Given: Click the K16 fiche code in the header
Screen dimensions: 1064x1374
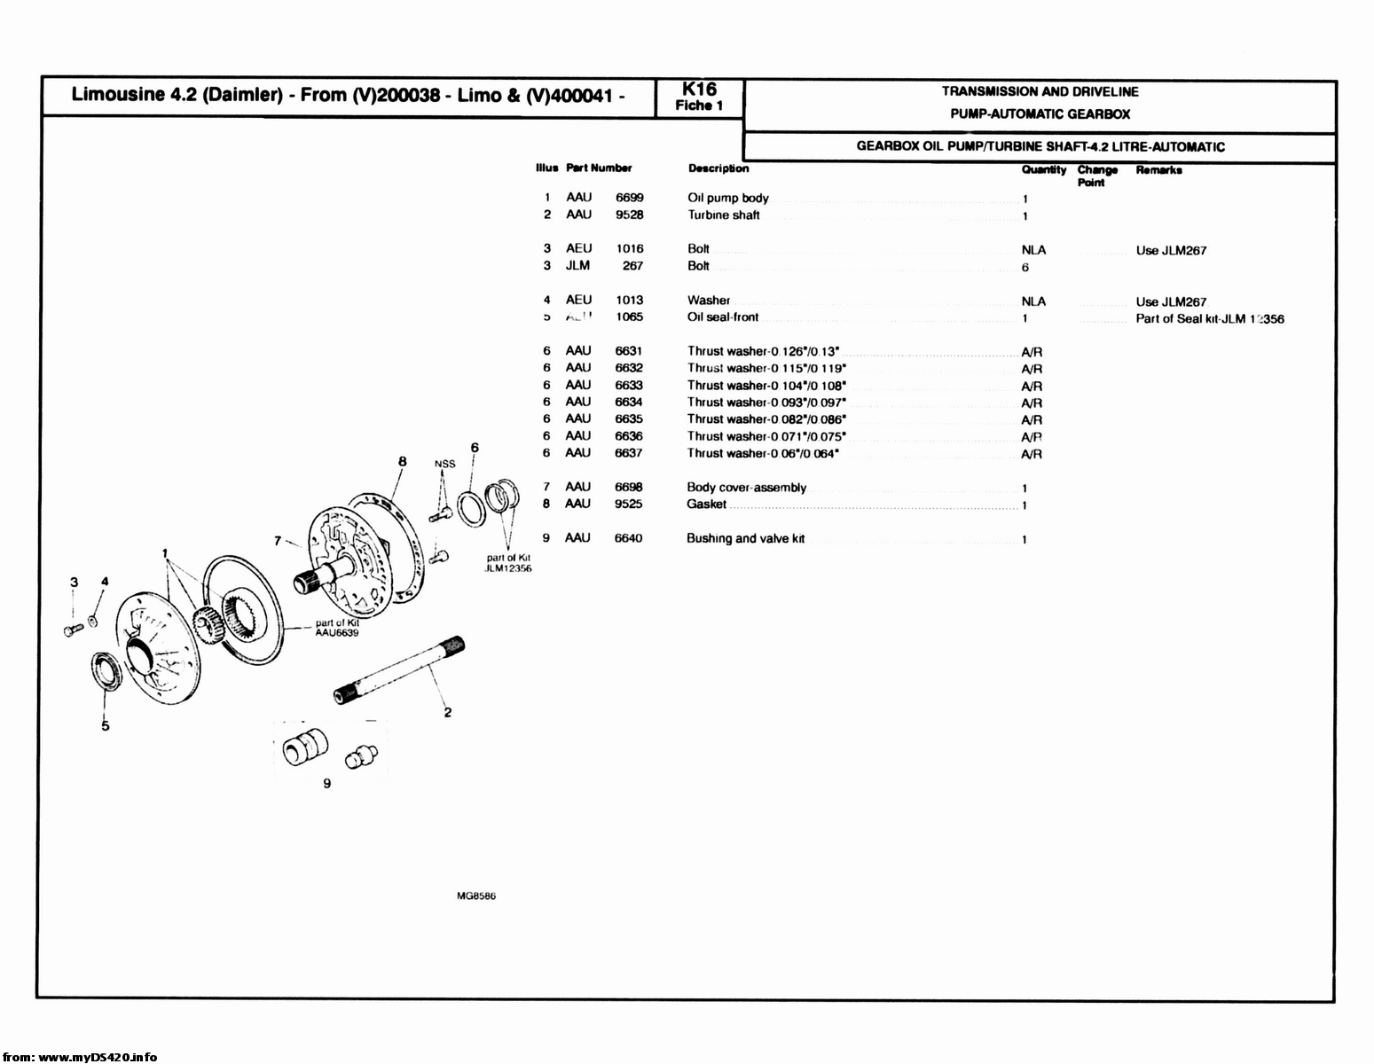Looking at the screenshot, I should [699, 90].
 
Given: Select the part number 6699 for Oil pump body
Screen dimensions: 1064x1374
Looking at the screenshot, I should [630, 198].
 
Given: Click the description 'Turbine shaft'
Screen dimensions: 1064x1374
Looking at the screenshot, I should [724, 215].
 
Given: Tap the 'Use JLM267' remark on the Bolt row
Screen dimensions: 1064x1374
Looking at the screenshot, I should [1171, 251].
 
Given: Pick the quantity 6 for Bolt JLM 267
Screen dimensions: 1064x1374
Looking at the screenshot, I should [1025, 268].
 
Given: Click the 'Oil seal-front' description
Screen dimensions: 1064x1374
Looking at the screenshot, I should [723, 317].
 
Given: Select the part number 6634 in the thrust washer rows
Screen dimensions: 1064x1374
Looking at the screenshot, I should [629, 403].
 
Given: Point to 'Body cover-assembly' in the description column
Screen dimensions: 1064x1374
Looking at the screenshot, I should [747, 488].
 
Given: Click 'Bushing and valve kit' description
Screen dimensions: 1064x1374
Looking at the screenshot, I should [746, 539].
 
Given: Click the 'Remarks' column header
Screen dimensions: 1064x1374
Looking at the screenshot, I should [1158, 170].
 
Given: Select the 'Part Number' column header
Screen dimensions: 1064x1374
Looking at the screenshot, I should [599, 168].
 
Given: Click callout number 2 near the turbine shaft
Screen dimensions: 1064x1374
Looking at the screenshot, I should [448, 712].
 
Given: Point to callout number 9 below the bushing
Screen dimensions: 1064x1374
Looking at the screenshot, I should [327, 784].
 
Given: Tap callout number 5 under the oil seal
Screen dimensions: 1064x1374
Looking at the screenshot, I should [106, 726].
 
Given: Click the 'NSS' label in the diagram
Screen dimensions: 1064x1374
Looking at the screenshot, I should [444, 464].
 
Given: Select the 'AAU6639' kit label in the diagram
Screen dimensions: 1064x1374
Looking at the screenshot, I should [337, 633].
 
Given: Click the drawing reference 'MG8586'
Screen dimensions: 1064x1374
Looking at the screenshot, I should [476, 896].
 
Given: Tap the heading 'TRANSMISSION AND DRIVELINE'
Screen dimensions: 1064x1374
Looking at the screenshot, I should [1040, 91].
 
